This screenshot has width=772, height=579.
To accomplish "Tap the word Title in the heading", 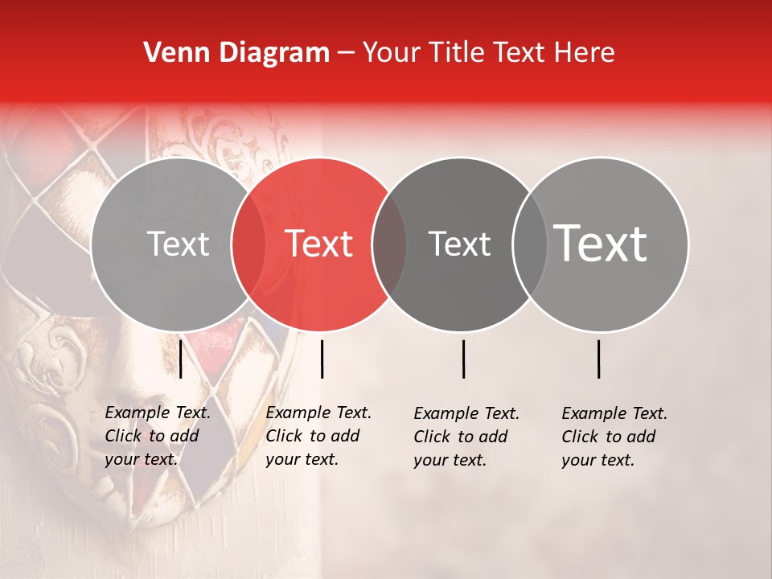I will [458, 53].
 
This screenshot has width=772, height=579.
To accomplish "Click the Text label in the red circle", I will [319, 244].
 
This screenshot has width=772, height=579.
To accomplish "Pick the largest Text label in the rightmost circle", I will [600, 244].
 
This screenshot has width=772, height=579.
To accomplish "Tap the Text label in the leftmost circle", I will [178, 244].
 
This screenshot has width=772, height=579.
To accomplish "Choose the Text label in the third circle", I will [459, 244].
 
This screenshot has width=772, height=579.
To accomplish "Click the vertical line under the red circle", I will [322, 359].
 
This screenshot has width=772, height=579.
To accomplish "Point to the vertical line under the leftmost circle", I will [181, 359].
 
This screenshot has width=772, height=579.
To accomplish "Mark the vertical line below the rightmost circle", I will [599, 359].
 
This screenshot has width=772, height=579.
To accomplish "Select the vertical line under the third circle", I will [464, 359].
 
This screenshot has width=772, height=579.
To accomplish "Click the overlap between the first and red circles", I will [248, 244].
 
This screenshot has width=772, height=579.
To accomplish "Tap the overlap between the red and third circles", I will [389, 244].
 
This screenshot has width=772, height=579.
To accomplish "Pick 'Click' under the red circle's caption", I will [284, 436].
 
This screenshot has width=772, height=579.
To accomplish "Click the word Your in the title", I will [392, 53].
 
